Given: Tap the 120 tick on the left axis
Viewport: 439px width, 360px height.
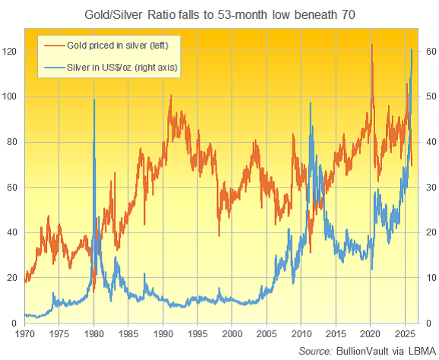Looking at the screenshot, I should coord(11,51).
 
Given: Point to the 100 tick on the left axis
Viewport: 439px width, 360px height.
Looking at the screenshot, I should coord(11,96).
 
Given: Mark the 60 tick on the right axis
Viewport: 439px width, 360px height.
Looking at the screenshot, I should coord(428,51).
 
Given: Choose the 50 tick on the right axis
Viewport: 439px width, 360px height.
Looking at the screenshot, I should coord(428,96).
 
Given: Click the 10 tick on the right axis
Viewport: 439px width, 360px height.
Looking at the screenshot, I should coord(428,278).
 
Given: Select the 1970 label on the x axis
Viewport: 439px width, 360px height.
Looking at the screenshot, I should coord(24,333).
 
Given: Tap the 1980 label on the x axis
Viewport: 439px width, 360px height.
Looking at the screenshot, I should coord(93,333).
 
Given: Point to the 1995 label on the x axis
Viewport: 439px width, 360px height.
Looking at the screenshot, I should coord(197,333).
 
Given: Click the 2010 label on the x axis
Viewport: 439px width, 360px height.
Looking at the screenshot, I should coord(302,333).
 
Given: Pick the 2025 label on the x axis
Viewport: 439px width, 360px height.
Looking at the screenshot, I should coord(406,333).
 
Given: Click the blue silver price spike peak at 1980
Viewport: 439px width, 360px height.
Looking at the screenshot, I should coord(94,99).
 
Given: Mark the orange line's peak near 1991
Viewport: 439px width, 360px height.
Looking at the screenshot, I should coord(170,96).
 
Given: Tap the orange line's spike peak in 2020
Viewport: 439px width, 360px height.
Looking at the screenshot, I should coord(372,44).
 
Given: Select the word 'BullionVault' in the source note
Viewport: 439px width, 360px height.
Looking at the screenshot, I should coord(362,351).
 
